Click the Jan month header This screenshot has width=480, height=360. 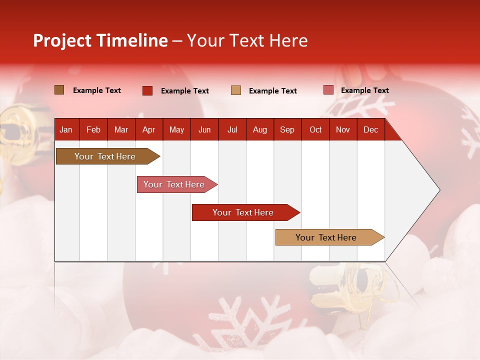66,129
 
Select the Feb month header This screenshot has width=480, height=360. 93,129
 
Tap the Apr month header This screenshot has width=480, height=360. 148,129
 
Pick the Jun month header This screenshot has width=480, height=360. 204,129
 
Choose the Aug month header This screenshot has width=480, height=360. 259,129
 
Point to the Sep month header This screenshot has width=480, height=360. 287,129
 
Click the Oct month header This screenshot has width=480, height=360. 315,129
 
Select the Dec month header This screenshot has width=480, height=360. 370,129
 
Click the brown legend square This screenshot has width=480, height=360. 59,90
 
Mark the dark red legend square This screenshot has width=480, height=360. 147,90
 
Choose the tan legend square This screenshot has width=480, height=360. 236,90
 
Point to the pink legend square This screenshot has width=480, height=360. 328,90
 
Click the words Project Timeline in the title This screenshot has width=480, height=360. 100,40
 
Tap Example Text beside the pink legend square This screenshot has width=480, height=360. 364,90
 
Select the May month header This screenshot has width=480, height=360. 176,129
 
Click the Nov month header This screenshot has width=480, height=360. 343,129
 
